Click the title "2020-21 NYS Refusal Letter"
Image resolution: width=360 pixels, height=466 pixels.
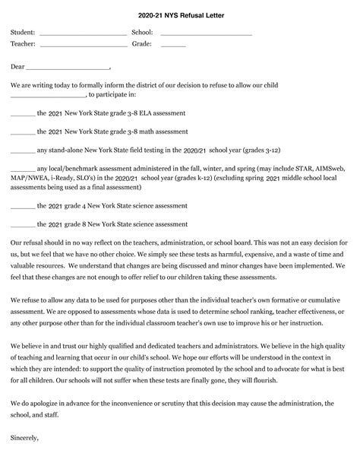(180, 14)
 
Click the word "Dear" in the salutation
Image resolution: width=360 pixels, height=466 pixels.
(17, 66)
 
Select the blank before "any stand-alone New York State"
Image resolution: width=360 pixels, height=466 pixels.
(23, 151)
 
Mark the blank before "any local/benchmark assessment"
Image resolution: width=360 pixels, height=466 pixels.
(23, 170)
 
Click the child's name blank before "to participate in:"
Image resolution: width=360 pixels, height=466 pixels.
(49, 97)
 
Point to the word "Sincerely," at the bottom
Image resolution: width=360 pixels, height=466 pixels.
(25, 439)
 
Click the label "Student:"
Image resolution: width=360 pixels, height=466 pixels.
(23, 33)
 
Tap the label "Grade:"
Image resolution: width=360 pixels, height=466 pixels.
(142, 43)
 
